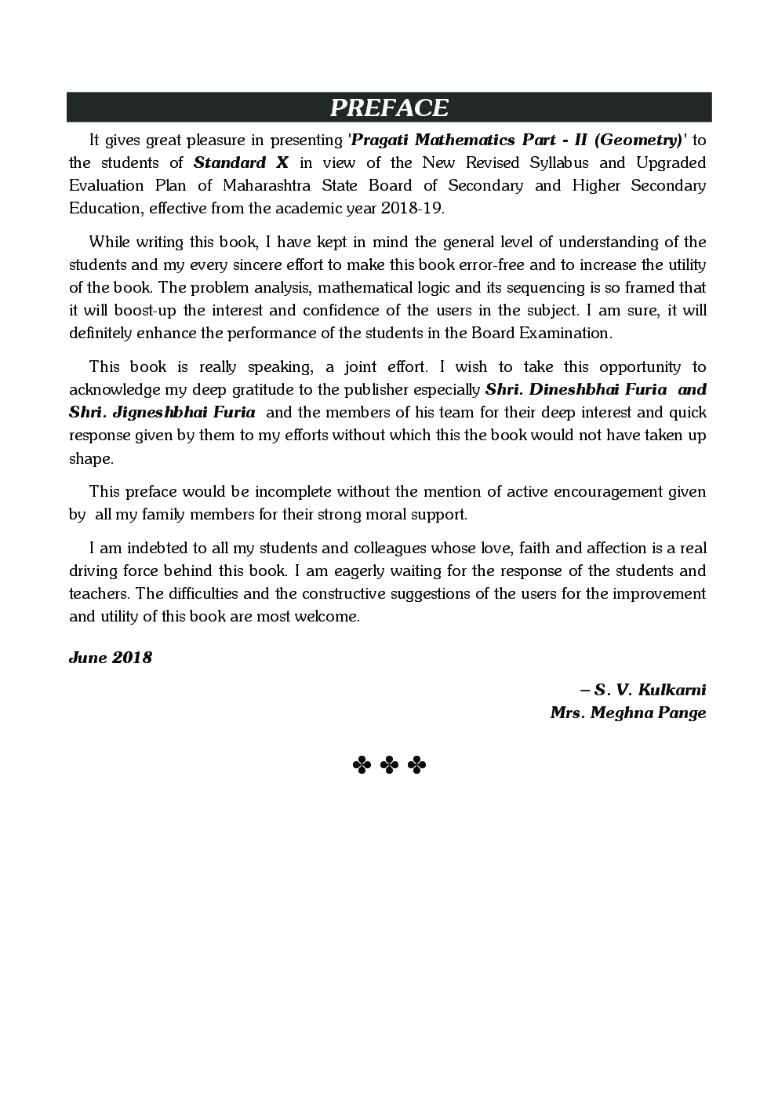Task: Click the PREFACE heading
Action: pyautogui.click(x=389, y=108)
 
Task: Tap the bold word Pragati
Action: pyautogui.click(x=381, y=140)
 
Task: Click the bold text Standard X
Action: pyautogui.click(x=241, y=163)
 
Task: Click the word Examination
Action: pyautogui.click(x=564, y=333)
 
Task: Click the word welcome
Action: pyautogui.click(x=333, y=617)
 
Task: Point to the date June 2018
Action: pyautogui.click(x=111, y=658)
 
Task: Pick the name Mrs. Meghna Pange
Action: pyautogui.click(x=628, y=713)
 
